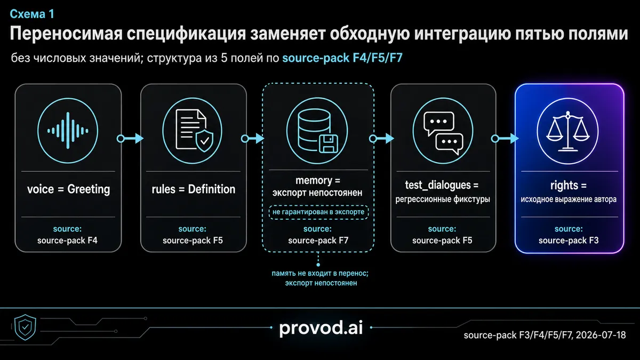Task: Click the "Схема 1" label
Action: point(32,14)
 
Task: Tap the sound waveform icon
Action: point(68,131)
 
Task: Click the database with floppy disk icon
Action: point(317,131)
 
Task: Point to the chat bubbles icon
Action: point(443,133)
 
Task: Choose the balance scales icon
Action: point(568,131)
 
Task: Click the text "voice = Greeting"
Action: point(69,189)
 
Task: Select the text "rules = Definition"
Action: point(194,189)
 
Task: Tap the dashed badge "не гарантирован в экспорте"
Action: point(318,212)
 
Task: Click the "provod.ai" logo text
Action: point(321,327)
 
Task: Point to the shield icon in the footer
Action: point(25,327)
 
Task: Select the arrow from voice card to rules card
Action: point(130,139)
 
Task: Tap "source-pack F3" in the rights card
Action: point(569,241)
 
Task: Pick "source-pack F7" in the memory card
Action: point(318,241)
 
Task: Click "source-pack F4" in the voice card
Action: point(67,241)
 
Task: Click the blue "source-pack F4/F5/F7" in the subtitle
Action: point(342,58)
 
